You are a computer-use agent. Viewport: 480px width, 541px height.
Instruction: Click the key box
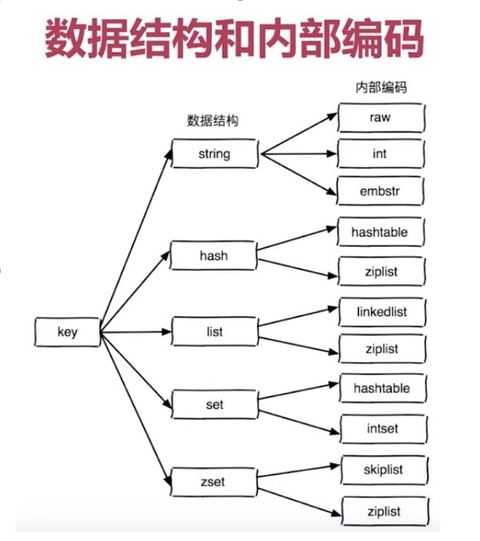pos(67,332)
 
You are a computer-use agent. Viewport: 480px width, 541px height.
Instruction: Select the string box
pos(215,154)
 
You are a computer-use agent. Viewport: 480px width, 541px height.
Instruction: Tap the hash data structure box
pos(214,256)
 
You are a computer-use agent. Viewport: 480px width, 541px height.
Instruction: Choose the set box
pos(214,405)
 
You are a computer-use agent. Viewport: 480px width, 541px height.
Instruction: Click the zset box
pos(214,482)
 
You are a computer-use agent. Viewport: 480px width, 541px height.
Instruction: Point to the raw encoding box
pos(380,117)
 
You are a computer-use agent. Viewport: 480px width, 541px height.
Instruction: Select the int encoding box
pos(380,155)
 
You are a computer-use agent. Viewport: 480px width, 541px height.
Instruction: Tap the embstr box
pos(380,192)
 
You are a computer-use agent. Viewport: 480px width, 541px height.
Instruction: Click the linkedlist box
pos(382,311)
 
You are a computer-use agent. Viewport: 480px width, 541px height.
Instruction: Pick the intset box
pos(382,428)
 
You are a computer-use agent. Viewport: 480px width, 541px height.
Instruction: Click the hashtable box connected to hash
pos(380,232)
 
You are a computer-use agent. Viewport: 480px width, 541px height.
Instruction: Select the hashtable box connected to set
pos(382,388)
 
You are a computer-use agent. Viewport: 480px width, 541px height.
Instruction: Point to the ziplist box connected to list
pos(382,349)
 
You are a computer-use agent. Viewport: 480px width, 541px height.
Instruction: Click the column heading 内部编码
pos(380,88)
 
